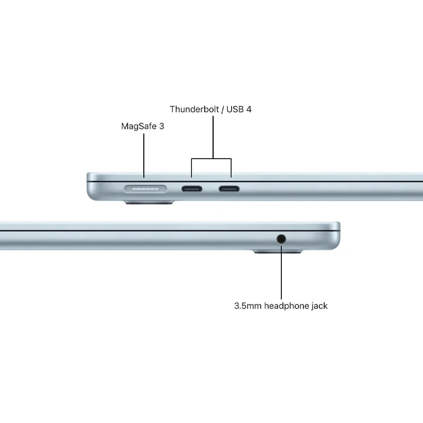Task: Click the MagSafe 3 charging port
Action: coord(145,189)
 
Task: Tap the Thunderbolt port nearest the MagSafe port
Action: coord(192,189)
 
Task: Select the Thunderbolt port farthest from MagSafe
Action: coord(229,189)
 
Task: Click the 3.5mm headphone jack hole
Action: coord(281,239)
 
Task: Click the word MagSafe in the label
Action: coord(139,126)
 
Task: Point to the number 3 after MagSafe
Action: coord(161,126)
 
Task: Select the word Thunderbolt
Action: coord(194,109)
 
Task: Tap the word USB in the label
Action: coord(235,109)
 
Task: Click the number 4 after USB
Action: coord(249,109)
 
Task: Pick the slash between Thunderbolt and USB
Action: coord(223,109)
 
